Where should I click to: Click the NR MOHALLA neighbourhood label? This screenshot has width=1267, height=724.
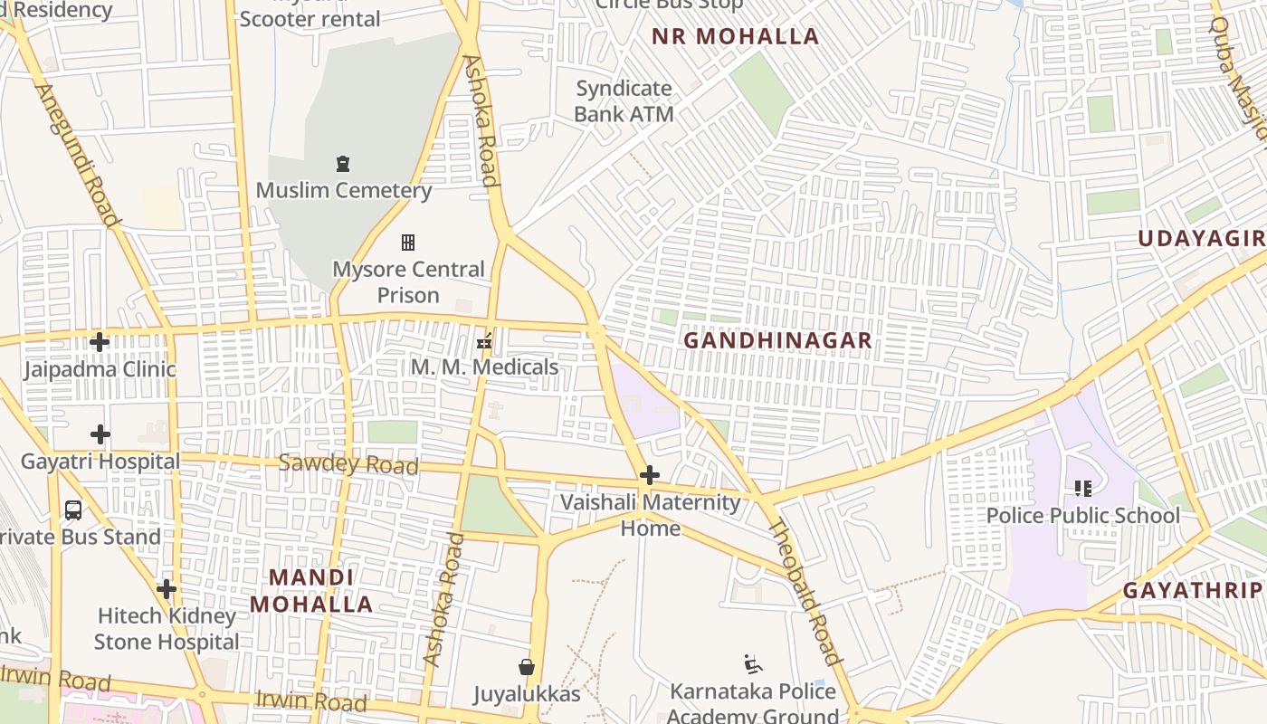tap(735, 36)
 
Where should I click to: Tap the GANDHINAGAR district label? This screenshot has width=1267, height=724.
tap(777, 340)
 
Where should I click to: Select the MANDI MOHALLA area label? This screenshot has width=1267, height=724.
tap(311, 591)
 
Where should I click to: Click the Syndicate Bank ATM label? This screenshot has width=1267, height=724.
tap(624, 101)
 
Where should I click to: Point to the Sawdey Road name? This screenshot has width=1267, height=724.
tap(348, 464)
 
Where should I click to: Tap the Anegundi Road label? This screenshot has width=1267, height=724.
tap(78, 155)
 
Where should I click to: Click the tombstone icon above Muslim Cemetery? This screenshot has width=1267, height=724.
tap(343, 164)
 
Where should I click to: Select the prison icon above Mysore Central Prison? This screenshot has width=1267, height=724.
tap(408, 243)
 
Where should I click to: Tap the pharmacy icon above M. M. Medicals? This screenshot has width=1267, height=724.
tap(484, 341)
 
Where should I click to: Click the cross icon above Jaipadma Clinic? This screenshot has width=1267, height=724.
tap(100, 342)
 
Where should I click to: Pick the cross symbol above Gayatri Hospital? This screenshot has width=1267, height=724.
tap(100, 434)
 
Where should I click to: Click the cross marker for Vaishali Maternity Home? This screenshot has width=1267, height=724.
tap(649, 475)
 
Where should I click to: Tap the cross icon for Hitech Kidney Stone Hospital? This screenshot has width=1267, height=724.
tap(167, 589)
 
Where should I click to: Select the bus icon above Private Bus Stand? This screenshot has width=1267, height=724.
tap(73, 510)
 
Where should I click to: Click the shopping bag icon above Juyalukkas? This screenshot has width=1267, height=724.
tap(527, 668)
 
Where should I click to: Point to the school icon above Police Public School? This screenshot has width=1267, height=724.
tap(1082, 489)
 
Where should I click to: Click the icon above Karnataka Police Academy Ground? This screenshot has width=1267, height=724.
tap(752, 664)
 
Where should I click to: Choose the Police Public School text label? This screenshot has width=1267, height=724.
tap(1082, 516)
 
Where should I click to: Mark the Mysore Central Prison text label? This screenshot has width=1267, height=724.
tap(408, 282)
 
